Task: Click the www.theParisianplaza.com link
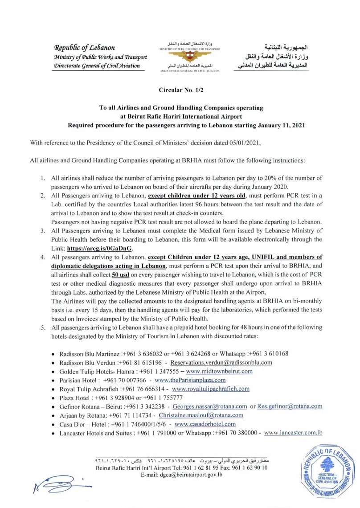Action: pos(190,380)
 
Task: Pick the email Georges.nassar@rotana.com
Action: pos(210,406)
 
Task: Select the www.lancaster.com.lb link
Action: pos(294,433)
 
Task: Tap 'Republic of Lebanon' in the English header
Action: pos(85,47)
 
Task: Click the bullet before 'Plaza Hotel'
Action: pos(53,398)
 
